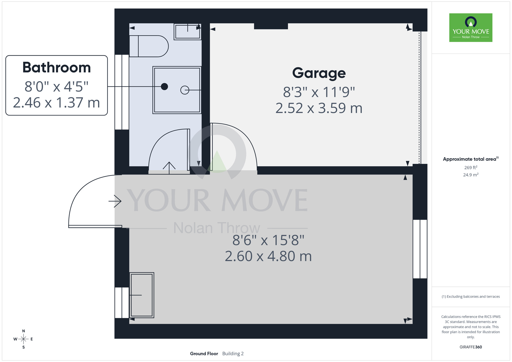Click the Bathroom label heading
coord(57,68)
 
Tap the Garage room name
coord(319,73)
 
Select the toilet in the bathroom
coord(149,46)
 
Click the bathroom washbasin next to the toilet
coord(188,31)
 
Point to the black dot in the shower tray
coord(164,87)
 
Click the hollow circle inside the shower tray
coord(185,90)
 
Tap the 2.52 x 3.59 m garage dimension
coord(319,108)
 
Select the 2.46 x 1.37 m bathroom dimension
coord(57,103)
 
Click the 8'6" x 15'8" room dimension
coord(268,240)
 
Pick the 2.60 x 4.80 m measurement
coord(268,256)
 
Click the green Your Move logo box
coord(471,28)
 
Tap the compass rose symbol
coord(23,339)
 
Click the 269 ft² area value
coord(471,167)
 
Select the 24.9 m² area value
coord(471,175)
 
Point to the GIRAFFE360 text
coord(471,347)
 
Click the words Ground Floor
coord(204,354)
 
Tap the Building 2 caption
coord(233,354)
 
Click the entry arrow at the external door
coord(115,201)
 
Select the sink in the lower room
coord(142,295)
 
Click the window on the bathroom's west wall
coord(122,92)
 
